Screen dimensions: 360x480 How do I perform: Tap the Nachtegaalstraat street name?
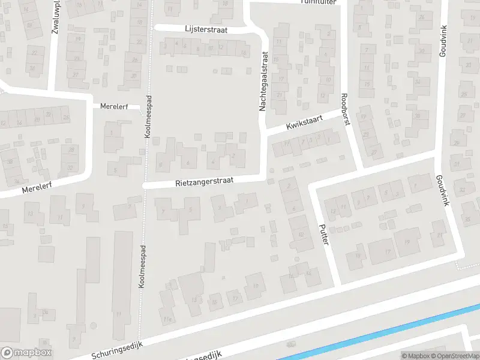coord(262,81)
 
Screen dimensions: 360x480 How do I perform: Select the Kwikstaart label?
coord(304,124)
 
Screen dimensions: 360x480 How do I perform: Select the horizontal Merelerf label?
coord(114,106)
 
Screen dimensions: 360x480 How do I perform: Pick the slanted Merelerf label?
coord(37,188)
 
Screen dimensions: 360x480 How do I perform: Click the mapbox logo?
coord(26,353)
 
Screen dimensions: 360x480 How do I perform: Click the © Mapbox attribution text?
coord(416,356)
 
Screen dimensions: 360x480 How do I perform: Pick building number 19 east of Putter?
coord(407,241)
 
